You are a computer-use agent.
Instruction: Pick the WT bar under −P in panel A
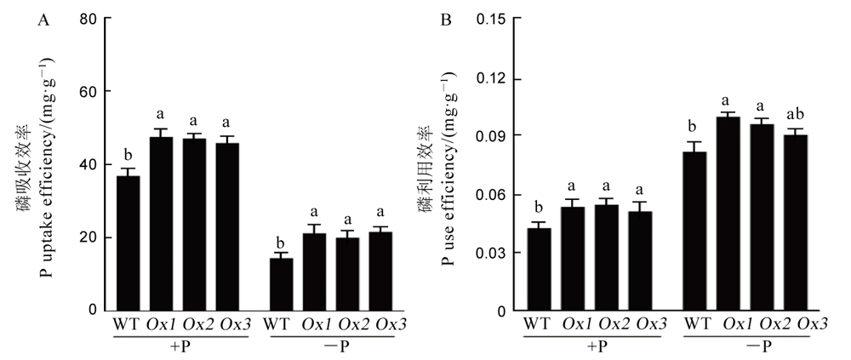tap(281, 284)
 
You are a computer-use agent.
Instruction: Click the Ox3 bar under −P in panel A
tap(381, 271)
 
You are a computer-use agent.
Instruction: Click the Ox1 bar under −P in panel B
tap(728, 214)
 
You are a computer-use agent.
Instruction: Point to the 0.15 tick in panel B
tap(491, 18)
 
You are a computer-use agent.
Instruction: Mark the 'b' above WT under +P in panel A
tap(128, 156)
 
